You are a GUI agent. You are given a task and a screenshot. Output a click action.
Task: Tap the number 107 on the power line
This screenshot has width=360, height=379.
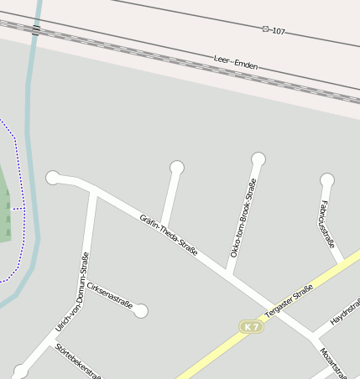279,31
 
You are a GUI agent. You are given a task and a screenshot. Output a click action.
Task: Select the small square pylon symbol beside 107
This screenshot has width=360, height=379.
266,29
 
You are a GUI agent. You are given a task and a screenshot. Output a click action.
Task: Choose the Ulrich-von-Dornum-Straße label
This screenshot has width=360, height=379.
72,291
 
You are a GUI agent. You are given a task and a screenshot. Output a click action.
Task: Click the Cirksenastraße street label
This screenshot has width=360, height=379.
110,296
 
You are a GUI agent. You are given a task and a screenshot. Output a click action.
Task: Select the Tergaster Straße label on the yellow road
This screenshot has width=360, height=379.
288,301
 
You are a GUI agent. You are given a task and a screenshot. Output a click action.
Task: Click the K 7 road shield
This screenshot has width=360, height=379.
250,326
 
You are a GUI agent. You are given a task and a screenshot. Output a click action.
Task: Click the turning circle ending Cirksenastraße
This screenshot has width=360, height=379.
141,311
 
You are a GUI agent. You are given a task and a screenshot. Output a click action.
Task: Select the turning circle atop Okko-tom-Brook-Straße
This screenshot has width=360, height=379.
258,159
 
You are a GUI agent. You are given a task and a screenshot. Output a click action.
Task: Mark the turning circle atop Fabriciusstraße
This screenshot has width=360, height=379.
327,179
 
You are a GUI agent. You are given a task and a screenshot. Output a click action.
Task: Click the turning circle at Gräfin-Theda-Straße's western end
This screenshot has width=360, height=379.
53,177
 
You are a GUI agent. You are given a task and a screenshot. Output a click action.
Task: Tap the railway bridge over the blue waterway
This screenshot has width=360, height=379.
35,30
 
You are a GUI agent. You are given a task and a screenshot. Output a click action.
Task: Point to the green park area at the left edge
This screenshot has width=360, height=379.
5,210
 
